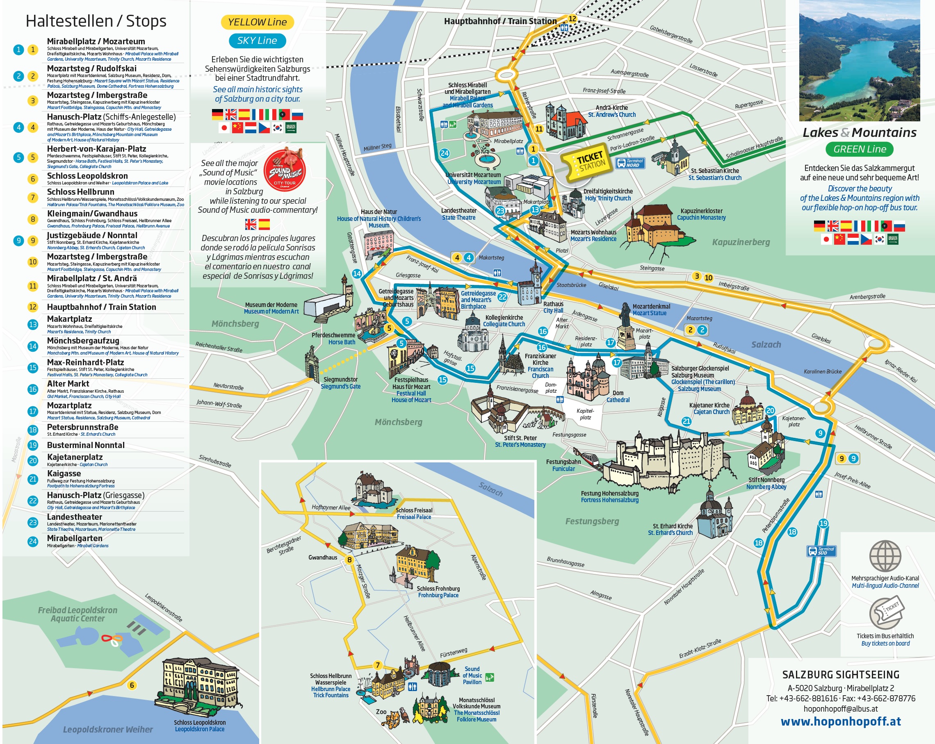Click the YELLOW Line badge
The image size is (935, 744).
tap(257, 22)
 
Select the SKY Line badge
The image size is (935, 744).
tap(257, 41)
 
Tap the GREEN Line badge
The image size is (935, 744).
tap(859, 149)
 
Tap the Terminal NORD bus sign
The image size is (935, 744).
tap(630, 163)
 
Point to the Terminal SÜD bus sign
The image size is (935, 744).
tap(821, 551)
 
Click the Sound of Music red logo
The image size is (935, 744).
tap(285, 171)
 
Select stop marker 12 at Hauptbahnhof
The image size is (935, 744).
tap(572, 18)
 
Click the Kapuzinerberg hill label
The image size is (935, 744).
tap(741, 242)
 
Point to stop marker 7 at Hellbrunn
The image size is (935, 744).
tap(378, 665)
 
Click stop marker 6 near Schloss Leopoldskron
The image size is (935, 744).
tap(132, 685)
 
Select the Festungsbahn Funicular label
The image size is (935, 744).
tap(563, 465)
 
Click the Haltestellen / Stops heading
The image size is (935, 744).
tap(96, 21)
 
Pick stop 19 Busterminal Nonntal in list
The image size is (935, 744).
tap(85, 445)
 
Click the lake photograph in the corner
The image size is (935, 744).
tap(859, 61)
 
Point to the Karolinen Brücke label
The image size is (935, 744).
tap(822, 371)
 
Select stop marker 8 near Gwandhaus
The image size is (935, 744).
tap(349, 560)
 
